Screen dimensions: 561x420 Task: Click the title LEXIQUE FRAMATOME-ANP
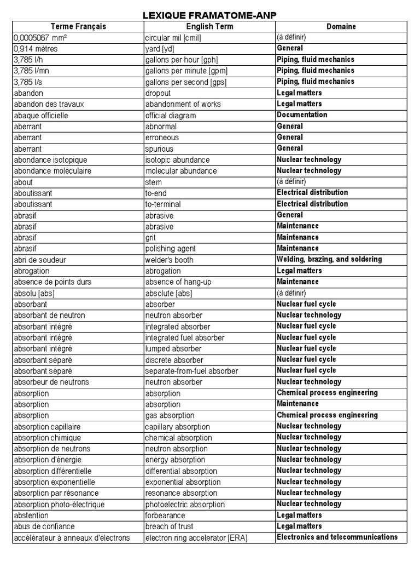(210, 15)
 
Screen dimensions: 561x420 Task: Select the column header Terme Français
(78, 26)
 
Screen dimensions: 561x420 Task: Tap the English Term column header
(209, 26)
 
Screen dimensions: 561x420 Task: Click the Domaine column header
(341, 26)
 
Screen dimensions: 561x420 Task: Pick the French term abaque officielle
(44, 116)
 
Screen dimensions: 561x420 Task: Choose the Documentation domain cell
(302, 115)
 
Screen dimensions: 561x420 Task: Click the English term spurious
(159, 148)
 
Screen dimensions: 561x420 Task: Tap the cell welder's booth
(169, 260)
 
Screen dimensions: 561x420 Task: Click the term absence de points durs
(52, 282)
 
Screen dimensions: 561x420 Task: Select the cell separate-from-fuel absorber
(191, 371)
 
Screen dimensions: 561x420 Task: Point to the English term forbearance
(165, 516)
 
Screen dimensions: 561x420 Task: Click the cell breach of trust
(169, 526)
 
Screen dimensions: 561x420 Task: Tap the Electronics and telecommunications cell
(337, 537)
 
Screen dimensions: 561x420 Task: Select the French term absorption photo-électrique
(59, 505)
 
